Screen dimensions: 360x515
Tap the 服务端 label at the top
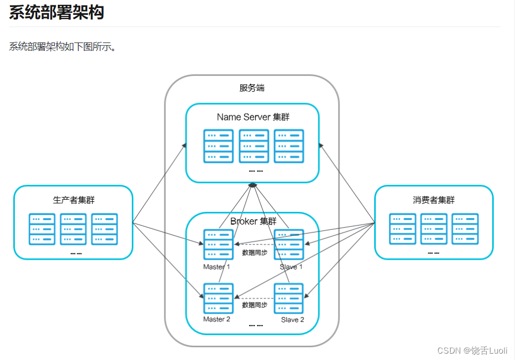252,88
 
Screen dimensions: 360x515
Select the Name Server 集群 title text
253,117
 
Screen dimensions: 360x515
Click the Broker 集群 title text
253,221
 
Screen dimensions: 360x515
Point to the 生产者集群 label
73,200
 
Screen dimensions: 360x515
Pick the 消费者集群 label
434,200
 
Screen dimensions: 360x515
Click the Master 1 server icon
218,244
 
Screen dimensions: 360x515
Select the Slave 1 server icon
289,244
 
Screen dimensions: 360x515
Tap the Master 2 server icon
218,298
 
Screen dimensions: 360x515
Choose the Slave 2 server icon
289,298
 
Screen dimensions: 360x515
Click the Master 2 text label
217,320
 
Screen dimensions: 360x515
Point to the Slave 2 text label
292,320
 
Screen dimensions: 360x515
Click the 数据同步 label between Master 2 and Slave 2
254,305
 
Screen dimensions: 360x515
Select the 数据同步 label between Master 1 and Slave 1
254,253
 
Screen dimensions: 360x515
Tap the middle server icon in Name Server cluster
254,146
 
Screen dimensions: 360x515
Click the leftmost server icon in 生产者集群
42,229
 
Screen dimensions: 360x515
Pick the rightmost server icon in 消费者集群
465,229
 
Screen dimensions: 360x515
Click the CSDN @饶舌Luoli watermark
472,351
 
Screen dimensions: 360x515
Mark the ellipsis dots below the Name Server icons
256,172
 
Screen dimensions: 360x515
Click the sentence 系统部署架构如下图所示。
63,47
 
